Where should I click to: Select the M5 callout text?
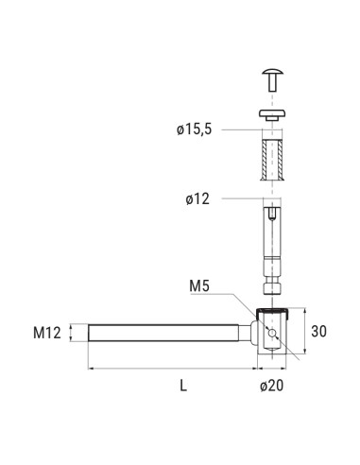201,285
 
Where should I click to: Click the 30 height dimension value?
317,332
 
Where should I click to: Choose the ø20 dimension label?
272,385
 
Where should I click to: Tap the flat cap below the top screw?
272,113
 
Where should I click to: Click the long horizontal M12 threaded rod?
165,333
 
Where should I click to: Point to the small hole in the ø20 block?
273,334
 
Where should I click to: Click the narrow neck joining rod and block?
250,333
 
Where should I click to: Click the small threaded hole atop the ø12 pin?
272,216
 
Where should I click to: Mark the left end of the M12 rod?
90,333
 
